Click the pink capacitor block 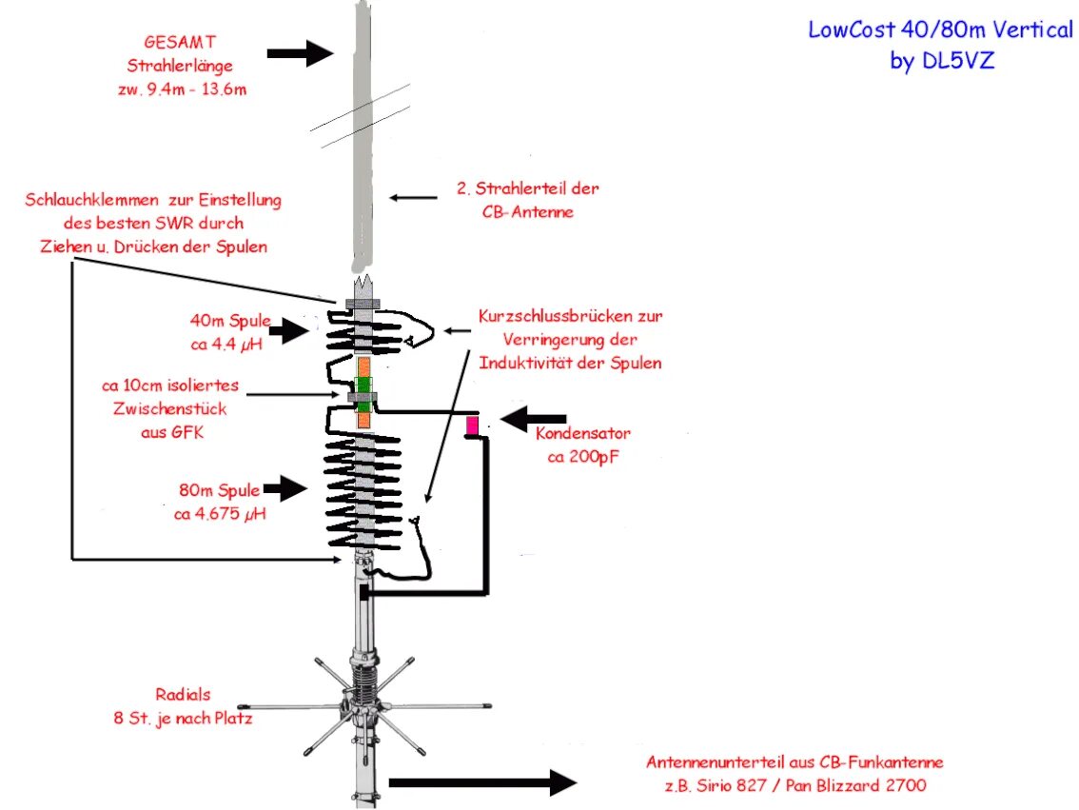pyautogui.click(x=471, y=425)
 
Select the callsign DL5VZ pyautogui.click(x=961, y=60)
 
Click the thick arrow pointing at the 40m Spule pyautogui.click(x=288, y=331)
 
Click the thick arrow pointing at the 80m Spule pyautogui.click(x=284, y=489)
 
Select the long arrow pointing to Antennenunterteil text pyautogui.click(x=481, y=783)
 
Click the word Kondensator pyautogui.click(x=583, y=434)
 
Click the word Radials pyautogui.click(x=184, y=694)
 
